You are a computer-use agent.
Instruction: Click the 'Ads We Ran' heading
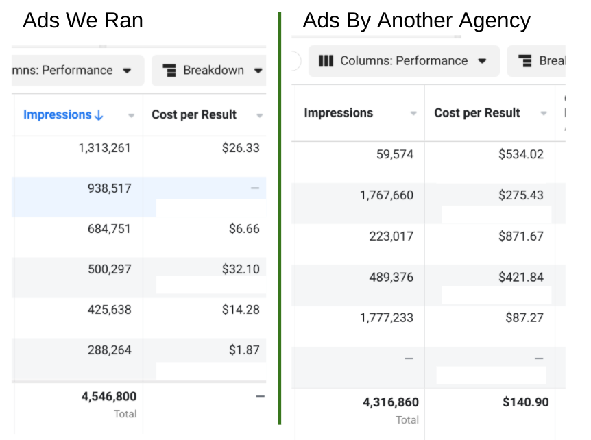pyautogui.click(x=83, y=21)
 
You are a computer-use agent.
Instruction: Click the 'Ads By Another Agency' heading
pyautogui.click(x=416, y=21)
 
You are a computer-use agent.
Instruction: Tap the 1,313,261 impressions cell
pyautogui.click(x=105, y=148)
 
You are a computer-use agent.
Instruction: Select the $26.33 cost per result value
pyautogui.click(x=241, y=148)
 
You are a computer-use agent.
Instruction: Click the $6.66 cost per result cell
pyautogui.click(x=244, y=229)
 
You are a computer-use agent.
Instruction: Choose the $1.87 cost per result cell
pyautogui.click(x=244, y=350)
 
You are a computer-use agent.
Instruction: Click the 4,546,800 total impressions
pyautogui.click(x=108, y=396)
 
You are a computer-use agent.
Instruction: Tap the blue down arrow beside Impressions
pyautogui.click(x=99, y=115)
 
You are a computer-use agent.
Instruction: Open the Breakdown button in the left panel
pyautogui.click(x=212, y=71)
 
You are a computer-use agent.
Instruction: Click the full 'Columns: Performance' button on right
pyautogui.click(x=403, y=61)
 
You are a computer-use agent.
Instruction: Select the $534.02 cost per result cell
pyautogui.click(x=520, y=154)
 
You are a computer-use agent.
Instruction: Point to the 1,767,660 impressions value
pyautogui.click(x=386, y=195)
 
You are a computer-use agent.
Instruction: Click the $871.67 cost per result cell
pyautogui.click(x=520, y=236)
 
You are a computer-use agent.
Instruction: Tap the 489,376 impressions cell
pyautogui.click(x=389, y=277)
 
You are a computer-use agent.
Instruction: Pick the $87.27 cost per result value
pyautogui.click(x=524, y=318)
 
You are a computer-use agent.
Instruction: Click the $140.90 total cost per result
pyautogui.click(x=525, y=402)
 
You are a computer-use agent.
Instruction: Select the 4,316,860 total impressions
pyautogui.click(x=390, y=402)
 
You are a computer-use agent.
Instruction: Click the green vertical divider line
pyautogui.click(x=280, y=219)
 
